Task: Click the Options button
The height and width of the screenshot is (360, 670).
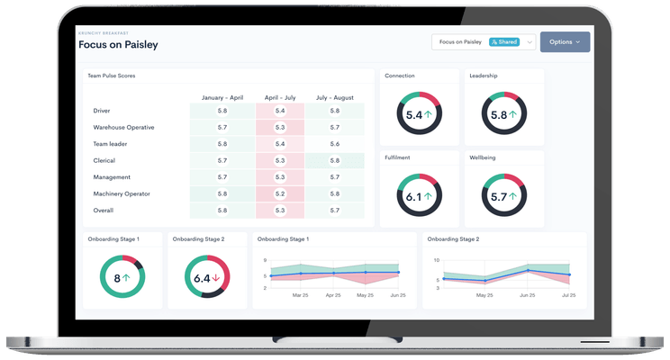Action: [565, 41]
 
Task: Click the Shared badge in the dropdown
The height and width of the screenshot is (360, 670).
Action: [504, 41]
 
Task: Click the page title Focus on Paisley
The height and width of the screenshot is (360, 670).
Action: [119, 45]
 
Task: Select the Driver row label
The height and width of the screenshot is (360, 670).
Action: [102, 111]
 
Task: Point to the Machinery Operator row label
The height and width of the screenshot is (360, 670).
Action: [122, 193]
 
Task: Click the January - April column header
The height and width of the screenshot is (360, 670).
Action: [222, 97]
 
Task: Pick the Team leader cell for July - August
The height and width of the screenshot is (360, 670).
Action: [334, 144]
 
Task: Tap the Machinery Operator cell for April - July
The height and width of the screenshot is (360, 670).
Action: [279, 193]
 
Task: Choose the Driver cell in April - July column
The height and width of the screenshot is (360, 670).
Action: [279, 111]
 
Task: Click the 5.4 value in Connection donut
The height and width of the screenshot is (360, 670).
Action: [413, 115]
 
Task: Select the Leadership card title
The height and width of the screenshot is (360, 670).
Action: [484, 76]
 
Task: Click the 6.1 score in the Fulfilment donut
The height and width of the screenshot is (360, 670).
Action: [413, 196]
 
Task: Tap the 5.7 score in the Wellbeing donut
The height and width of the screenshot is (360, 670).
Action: [498, 196]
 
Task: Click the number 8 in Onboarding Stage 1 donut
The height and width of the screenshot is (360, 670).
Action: [117, 278]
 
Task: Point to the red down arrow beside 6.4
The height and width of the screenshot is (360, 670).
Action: [216, 278]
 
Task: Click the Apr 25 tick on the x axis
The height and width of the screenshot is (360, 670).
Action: [333, 295]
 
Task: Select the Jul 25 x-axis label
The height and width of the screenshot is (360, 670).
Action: [569, 295]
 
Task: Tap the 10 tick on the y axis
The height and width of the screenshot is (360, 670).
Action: [437, 261]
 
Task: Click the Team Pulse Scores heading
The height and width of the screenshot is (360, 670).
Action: [111, 76]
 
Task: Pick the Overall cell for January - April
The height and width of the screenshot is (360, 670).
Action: [222, 210]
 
